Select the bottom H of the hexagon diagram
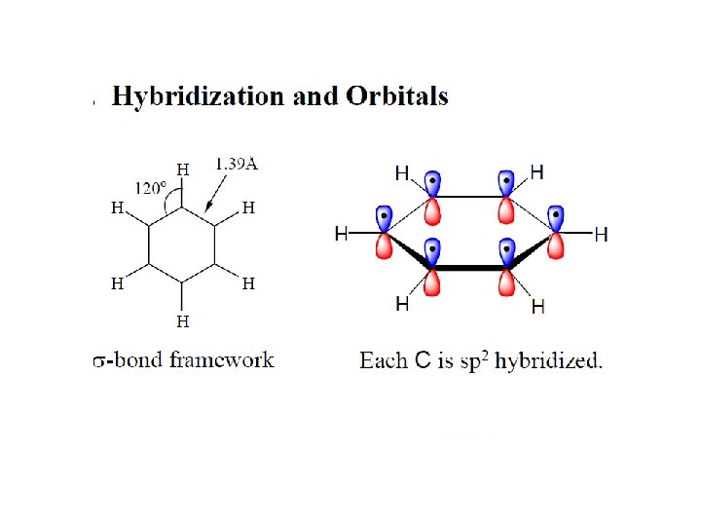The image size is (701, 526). click(x=182, y=319)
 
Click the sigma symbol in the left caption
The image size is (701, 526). click(x=98, y=362)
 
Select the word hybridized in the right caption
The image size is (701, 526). click(x=548, y=361)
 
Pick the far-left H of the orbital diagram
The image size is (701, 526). click(x=342, y=234)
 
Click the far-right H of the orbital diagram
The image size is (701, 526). click(x=601, y=234)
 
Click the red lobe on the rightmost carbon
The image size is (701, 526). click(x=556, y=246)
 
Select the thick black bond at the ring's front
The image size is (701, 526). click(x=470, y=266)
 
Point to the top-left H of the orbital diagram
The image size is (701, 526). click(x=402, y=172)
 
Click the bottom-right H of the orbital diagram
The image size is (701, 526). click(x=537, y=308)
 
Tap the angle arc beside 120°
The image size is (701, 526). click(x=171, y=202)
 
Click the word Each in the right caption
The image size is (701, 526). click(x=380, y=361)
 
